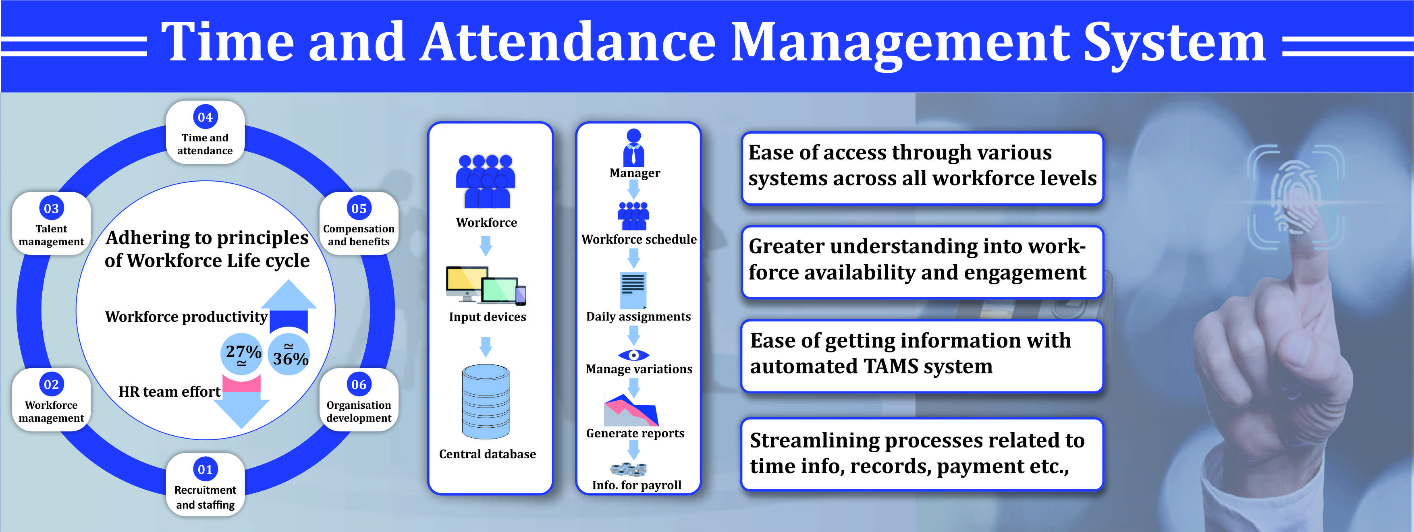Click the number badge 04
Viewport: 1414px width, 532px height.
click(205, 117)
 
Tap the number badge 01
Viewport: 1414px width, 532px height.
click(205, 470)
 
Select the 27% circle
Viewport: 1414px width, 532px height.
click(241, 354)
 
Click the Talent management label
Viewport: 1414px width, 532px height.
click(51, 235)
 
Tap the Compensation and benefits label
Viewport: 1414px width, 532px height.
click(359, 235)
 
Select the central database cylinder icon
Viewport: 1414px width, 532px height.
click(486, 402)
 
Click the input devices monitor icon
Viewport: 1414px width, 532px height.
click(486, 285)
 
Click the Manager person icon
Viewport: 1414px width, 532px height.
click(634, 147)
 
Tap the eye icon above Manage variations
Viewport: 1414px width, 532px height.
click(633, 355)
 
